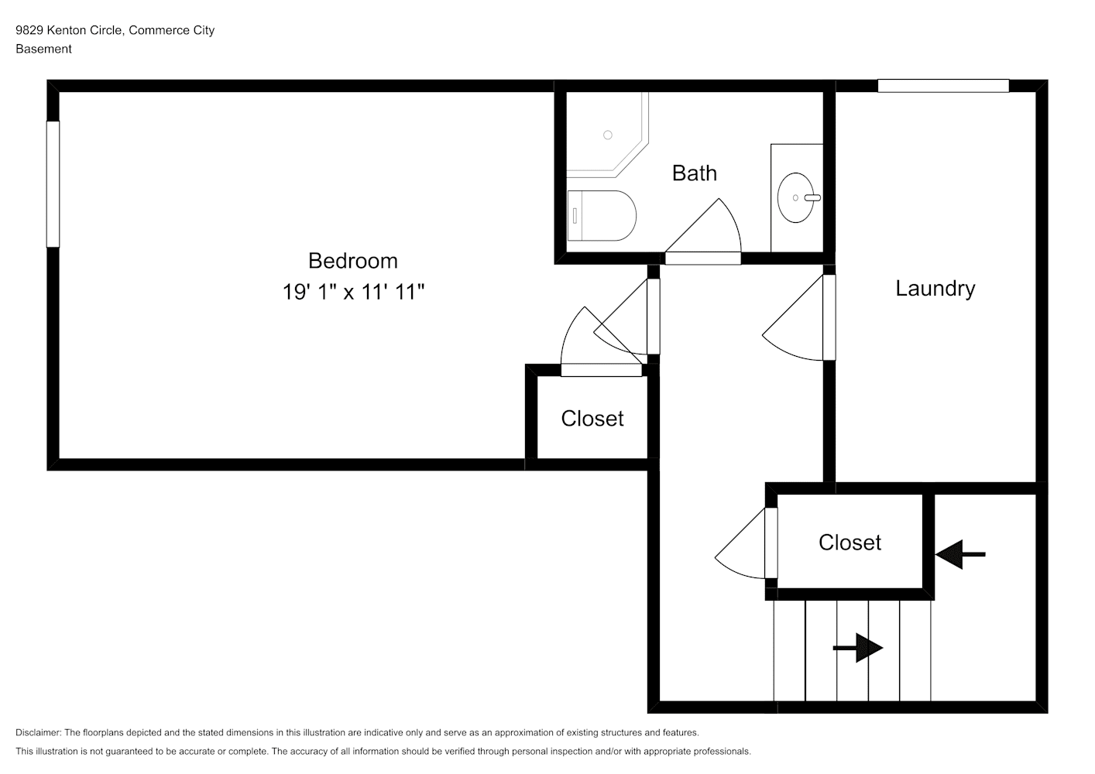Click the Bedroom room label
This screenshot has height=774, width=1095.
pos(352,261)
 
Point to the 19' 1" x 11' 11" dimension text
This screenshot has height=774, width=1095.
pos(353,293)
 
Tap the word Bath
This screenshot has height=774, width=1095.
pos(694,173)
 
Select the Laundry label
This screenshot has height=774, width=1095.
pos(935,289)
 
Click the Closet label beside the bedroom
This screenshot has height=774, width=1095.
pos(592,419)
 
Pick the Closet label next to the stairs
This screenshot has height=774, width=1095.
pos(850,543)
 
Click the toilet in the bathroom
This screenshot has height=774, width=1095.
pos(602,215)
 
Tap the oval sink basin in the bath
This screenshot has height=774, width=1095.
pos(795,198)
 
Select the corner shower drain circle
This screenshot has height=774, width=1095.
pos(608,135)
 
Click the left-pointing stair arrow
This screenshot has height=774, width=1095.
pos(960,554)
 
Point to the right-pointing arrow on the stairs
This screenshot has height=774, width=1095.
pos(858,648)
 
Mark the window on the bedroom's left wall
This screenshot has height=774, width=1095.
pos(53,184)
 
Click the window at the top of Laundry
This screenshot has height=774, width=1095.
pos(943,85)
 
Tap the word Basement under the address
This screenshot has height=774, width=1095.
pos(43,49)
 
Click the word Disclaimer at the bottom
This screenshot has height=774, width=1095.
pos(38,732)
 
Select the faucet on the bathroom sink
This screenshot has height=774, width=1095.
pos(812,198)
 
